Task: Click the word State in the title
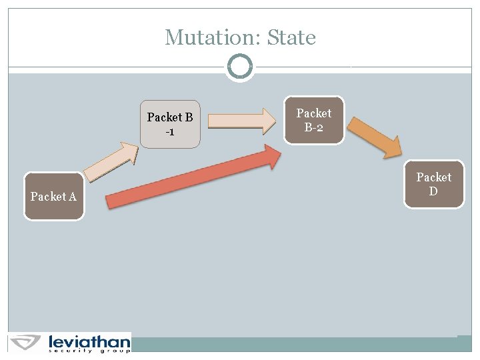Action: tap(291, 37)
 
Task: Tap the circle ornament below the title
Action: tap(240, 67)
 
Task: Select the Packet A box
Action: tap(54, 196)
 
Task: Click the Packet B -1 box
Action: tap(170, 124)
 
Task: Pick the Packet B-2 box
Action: tap(314, 120)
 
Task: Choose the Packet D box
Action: tap(434, 184)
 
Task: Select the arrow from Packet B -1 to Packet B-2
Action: tap(241, 121)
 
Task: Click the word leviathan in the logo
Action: tap(89, 342)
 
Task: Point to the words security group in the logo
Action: tap(89, 351)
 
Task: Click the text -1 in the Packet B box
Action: tap(170, 132)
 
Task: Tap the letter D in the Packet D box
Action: tap(433, 191)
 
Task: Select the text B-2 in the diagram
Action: tap(314, 127)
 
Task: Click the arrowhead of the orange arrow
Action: tap(391, 147)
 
